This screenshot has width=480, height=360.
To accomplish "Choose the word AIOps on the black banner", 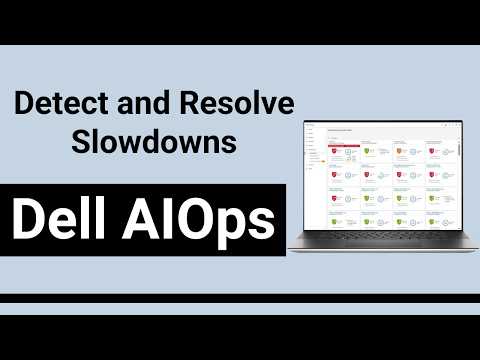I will [204, 219].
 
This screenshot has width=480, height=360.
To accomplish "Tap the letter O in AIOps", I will [199, 219].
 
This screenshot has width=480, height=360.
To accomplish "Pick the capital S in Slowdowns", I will [79, 141].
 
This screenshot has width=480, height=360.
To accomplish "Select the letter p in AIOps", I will [234, 224].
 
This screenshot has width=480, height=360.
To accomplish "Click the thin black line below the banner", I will [240, 298].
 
